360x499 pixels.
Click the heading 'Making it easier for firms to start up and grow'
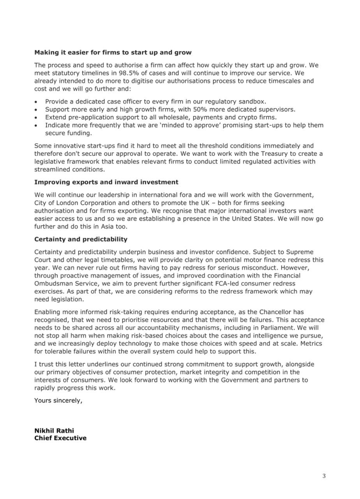click(x=113, y=52)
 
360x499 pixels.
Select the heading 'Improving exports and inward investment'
click(x=106, y=182)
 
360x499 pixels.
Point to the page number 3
click(x=324, y=476)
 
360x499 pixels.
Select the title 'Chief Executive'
click(x=60, y=438)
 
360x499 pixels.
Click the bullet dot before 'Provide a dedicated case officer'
click(x=37, y=101)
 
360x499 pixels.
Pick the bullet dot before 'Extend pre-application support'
click(x=37, y=118)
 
